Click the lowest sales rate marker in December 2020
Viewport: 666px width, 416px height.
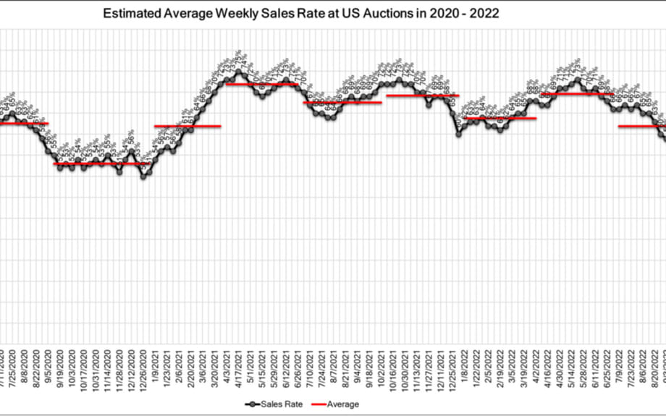[143, 176]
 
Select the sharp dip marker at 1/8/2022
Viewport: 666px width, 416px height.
[459, 133]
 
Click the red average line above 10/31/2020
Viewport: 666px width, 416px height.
[96, 164]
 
